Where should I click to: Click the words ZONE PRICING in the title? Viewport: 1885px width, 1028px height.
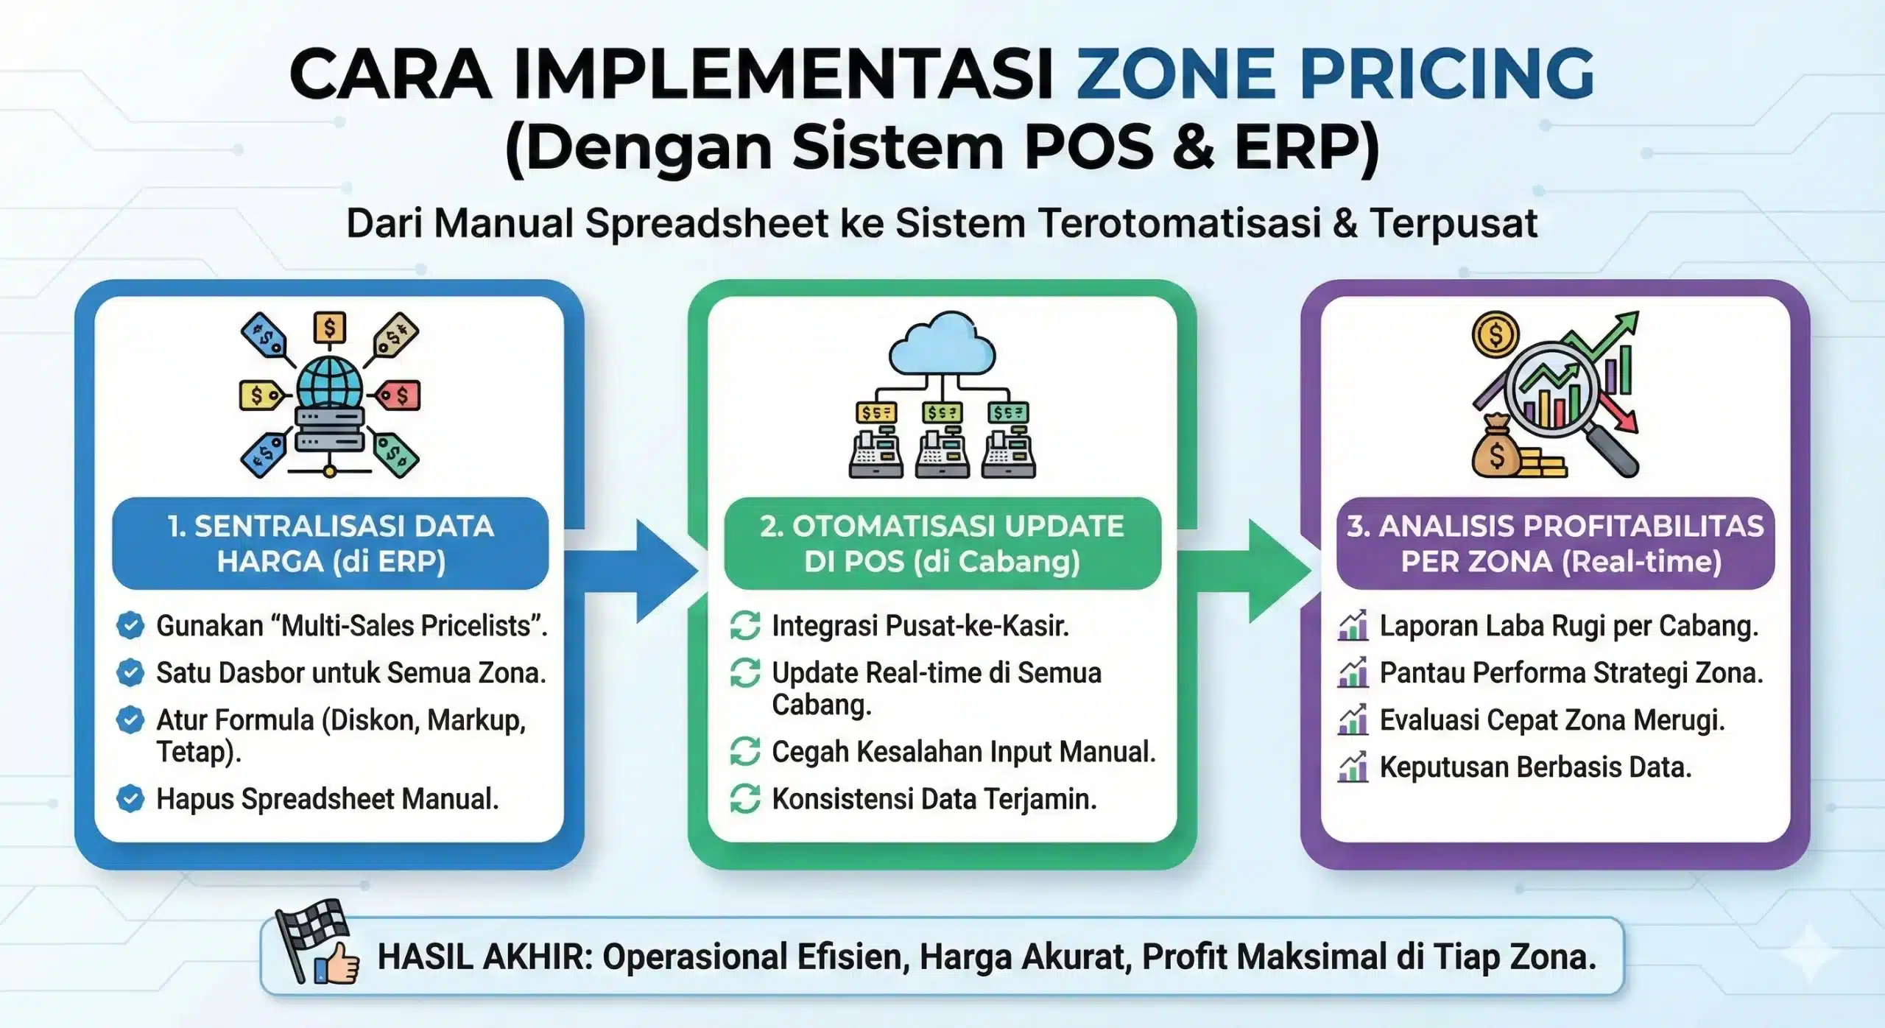tap(1335, 73)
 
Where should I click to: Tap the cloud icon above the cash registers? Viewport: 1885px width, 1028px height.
tap(942, 345)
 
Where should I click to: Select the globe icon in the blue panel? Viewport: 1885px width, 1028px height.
tap(329, 381)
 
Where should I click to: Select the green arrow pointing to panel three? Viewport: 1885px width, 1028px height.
tap(1244, 571)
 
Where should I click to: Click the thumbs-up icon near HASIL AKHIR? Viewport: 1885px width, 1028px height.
tap(337, 962)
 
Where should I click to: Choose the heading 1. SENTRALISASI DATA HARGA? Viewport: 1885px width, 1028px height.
tap(331, 543)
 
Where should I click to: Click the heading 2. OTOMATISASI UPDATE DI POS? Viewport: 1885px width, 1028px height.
tap(942, 543)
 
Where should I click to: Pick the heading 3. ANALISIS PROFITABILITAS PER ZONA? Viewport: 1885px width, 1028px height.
tap(1555, 543)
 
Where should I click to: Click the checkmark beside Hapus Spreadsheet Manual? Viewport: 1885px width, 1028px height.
tap(130, 799)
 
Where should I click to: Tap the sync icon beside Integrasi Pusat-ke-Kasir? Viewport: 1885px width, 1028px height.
tap(745, 626)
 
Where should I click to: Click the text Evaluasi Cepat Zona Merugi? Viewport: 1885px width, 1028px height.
tap(1552, 720)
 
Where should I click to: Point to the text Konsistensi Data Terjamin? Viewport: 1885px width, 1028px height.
tap(934, 799)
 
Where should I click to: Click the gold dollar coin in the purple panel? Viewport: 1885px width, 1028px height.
tap(1495, 335)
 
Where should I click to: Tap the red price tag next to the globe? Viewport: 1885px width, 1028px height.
tap(398, 395)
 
